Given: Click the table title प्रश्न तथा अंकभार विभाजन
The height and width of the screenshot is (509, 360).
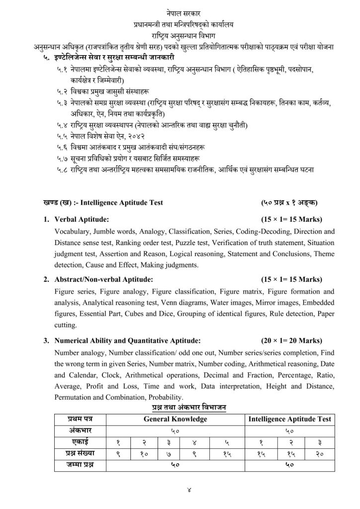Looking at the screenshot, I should (189, 408).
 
